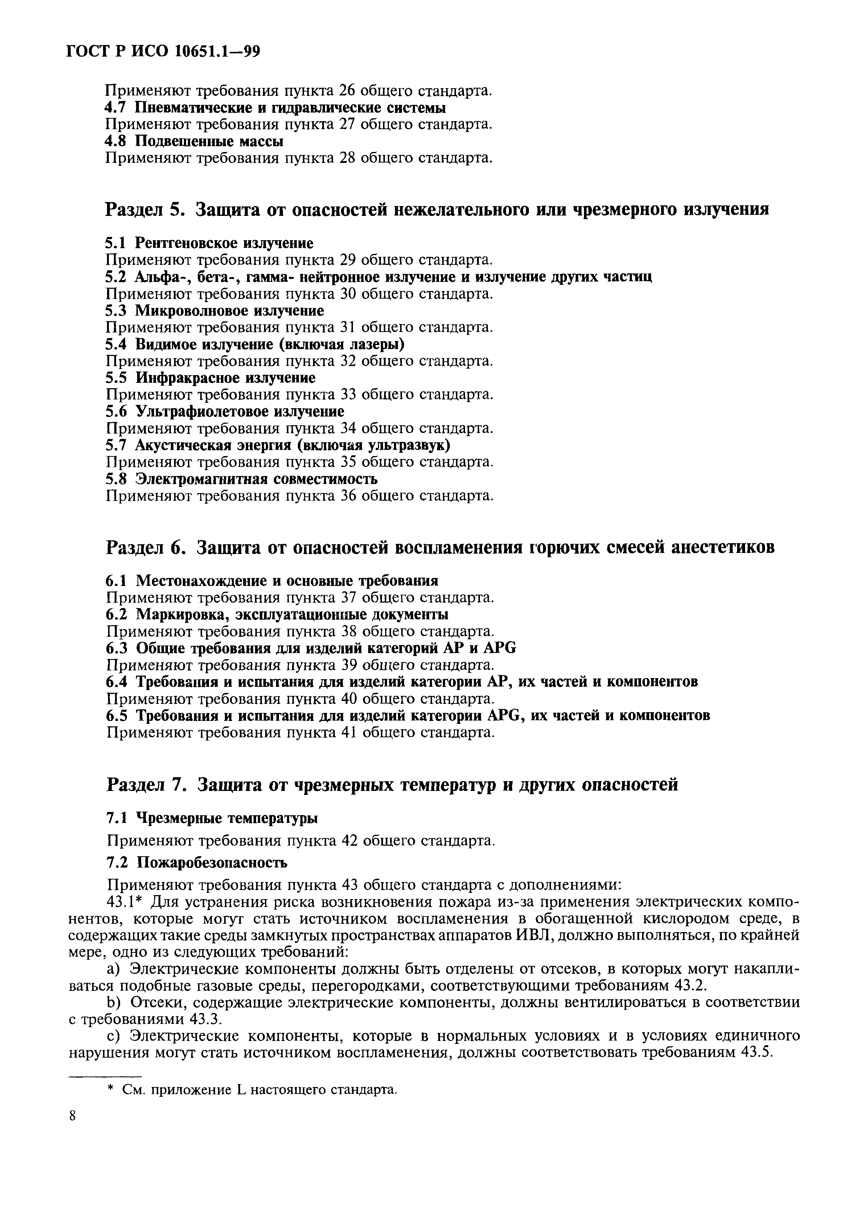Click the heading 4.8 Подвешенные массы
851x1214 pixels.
(x=194, y=141)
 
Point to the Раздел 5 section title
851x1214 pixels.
(x=437, y=210)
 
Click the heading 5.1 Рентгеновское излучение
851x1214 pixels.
(x=209, y=243)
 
